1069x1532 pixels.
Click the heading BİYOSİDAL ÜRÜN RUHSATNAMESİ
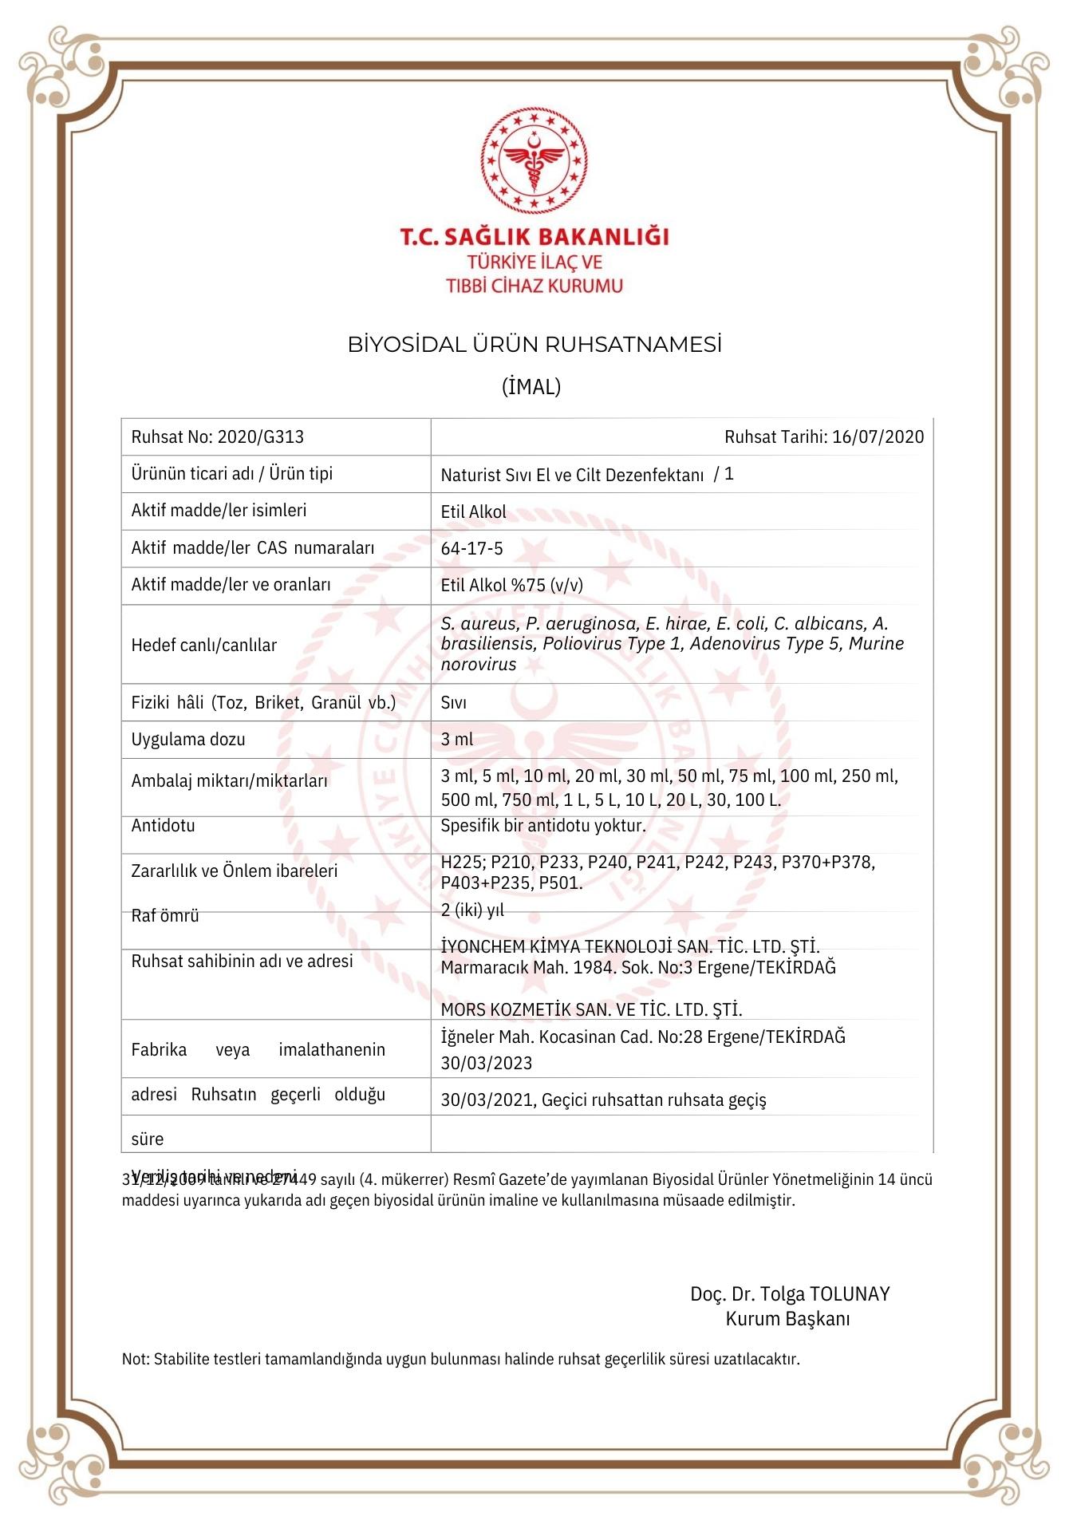pyautogui.click(x=534, y=345)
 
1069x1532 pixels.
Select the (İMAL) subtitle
pyautogui.click(x=531, y=387)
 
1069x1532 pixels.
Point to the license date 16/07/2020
pyautogui.click(x=878, y=437)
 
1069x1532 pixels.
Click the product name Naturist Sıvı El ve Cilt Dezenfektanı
pyautogui.click(x=572, y=476)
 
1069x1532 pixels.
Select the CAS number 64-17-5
pyautogui.click(x=471, y=549)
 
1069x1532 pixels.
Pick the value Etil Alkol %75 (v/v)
pyautogui.click(x=511, y=586)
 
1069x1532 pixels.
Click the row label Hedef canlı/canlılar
pyautogui.click(x=203, y=646)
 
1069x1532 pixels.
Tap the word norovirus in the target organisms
pyautogui.click(x=479, y=665)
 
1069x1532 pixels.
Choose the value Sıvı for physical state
pyautogui.click(x=454, y=703)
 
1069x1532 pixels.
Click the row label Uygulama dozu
pyautogui.click(x=187, y=740)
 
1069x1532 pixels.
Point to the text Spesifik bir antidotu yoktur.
pyautogui.click(x=543, y=826)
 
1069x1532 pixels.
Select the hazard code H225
pyautogui.click(x=460, y=863)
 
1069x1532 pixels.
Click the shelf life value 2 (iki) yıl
pyautogui.click(x=472, y=910)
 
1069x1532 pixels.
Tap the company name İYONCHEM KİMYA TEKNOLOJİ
pyautogui.click(x=572, y=947)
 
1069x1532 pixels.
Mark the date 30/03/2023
pyautogui.click(x=487, y=1064)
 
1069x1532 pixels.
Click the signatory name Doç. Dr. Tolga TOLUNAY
pyautogui.click(x=790, y=1294)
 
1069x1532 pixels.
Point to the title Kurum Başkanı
pyautogui.click(x=787, y=1319)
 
